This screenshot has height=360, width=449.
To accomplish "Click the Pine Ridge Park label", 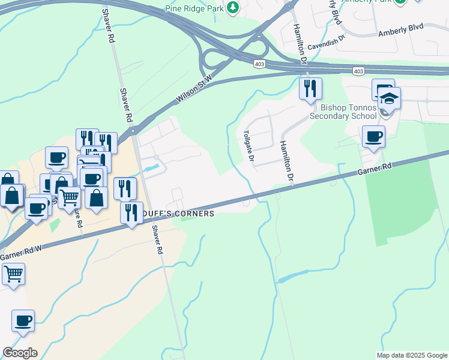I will tap(194, 8).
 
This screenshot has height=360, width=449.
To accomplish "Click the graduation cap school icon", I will tap(389, 98).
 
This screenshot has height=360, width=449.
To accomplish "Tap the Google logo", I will tap(20, 353).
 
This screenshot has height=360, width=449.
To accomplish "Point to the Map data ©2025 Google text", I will tap(412, 355).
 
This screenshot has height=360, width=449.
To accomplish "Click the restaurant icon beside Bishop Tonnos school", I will tap(310, 89).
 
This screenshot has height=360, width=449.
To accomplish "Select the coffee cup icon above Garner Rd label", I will tap(373, 137).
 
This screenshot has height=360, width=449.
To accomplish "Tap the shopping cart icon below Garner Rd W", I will tap(13, 274).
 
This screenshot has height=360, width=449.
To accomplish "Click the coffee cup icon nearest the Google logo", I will tap(23, 320).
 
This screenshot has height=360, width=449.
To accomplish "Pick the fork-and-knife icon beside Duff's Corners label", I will tap(130, 213).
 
